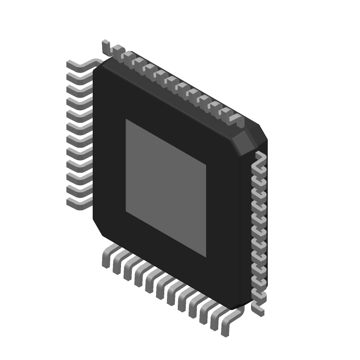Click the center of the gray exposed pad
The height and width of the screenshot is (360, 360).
166,188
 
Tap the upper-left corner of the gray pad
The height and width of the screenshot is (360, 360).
126,120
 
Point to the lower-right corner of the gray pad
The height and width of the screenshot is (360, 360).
206,256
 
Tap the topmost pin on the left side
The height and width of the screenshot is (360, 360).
81,65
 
